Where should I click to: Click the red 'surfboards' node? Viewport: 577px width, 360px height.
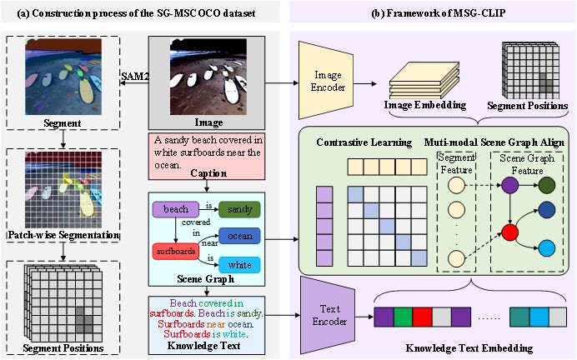[176, 249]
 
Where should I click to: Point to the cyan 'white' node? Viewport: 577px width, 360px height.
[239, 264]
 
